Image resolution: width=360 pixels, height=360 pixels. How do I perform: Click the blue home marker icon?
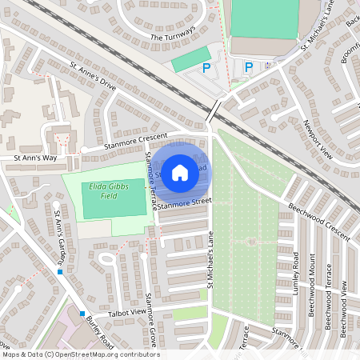pos(180,171)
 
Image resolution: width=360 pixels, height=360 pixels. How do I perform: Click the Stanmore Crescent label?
pos(137,142)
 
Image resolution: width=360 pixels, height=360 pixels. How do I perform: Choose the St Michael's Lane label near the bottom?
pos(206,255)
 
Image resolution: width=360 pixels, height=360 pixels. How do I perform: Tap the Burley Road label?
pos(99,331)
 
